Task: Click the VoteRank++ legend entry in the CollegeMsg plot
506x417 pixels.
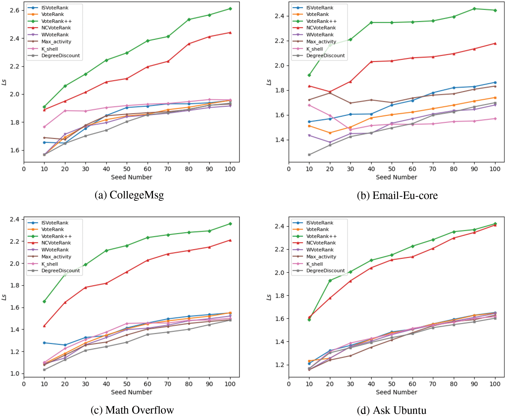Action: tap(56, 21)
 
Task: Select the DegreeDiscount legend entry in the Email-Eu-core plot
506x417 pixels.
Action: tap(325, 56)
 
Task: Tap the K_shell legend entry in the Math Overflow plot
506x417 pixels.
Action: tap(50, 264)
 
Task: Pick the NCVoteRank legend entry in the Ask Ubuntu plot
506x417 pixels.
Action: tap(321, 243)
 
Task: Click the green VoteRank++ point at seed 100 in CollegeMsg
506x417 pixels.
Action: tap(230, 9)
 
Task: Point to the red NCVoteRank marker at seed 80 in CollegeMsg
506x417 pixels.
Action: tap(189, 44)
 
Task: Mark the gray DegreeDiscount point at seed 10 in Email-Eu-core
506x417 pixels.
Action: tap(309, 155)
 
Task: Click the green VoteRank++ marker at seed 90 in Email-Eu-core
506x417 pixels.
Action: tap(474, 9)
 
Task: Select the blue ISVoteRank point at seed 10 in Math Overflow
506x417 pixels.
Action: tap(44, 343)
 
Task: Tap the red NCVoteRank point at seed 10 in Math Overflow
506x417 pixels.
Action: tap(44, 326)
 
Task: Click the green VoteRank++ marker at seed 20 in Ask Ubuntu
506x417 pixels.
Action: tap(330, 281)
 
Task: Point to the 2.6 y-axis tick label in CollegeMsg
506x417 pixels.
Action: tap(15, 10)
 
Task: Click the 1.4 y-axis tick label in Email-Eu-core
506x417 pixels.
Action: tap(280, 140)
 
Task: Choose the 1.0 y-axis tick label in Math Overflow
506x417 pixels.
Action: tap(15, 374)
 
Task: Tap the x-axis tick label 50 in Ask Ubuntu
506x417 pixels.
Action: tap(391, 384)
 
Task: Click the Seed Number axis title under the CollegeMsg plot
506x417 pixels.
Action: tap(131, 177)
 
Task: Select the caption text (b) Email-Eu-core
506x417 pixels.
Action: tap(397, 195)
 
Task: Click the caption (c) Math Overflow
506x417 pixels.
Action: tap(132, 410)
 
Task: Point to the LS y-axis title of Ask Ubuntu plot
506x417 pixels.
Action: tap(269, 297)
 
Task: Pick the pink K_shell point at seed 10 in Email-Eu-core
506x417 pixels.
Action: tap(309, 105)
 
